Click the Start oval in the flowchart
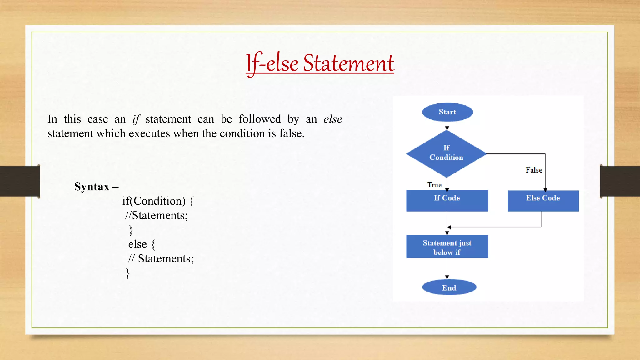click(x=447, y=112)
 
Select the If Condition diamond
click(x=446, y=153)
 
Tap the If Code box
click(x=447, y=200)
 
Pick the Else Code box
click(x=543, y=200)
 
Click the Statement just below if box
click(x=447, y=247)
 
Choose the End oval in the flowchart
click(x=449, y=287)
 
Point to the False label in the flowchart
click(x=534, y=170)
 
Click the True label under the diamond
click(x=434, y=185)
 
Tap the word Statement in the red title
click(x=348, y=63)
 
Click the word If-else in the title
click(x=272, y=63)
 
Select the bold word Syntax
click(x=92, y=187)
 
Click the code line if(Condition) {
click(x=158, y=201)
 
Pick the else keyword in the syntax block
click(x=137, y=244)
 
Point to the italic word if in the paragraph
click(x=136, y=119)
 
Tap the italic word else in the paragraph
click(x=333, y=119)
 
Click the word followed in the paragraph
click(x=260, y=119)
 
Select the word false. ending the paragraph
click(x=292, y=133)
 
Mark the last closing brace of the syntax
click(x=127, y=273)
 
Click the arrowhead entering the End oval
click(x=447, y=277)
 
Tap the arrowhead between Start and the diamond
click(x=447, y=128)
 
